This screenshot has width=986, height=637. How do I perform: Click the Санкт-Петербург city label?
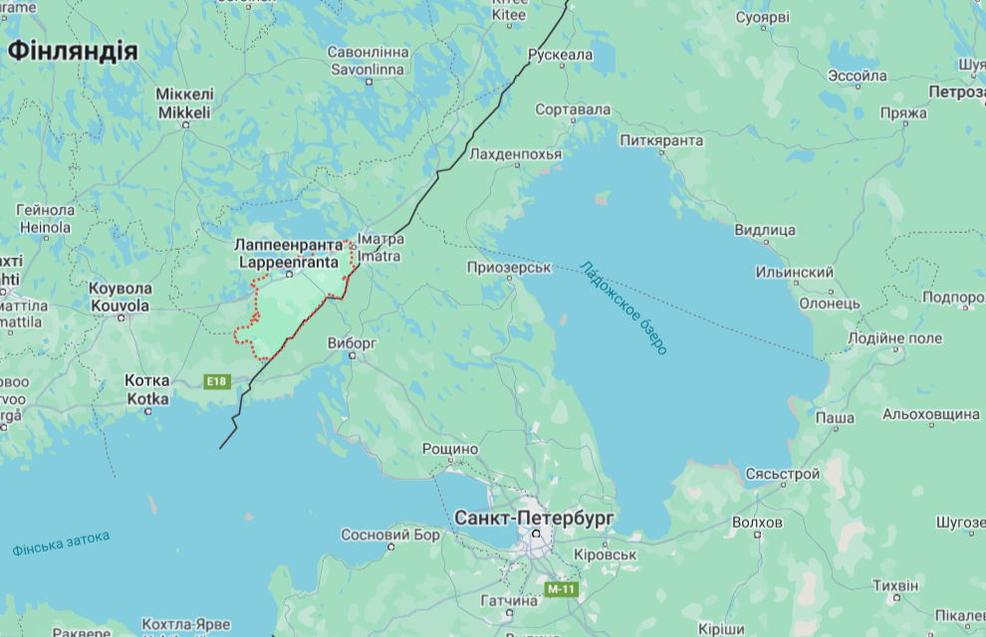534,518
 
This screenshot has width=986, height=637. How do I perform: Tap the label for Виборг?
353,342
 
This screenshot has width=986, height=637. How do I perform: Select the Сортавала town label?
573,108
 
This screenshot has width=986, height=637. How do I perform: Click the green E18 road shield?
216,381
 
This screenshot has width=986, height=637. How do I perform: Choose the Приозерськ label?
510,268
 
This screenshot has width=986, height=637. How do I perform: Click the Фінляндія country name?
72,51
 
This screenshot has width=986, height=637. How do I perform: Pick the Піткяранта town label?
661,140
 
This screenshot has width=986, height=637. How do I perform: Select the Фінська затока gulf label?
61,543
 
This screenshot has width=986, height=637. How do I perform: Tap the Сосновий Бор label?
389,534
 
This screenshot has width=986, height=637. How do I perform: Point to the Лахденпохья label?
516,154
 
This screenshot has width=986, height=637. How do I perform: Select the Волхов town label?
756,522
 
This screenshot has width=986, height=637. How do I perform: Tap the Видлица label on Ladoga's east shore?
765,230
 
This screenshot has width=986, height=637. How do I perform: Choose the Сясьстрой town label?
783,475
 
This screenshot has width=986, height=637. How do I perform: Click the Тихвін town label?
895,585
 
